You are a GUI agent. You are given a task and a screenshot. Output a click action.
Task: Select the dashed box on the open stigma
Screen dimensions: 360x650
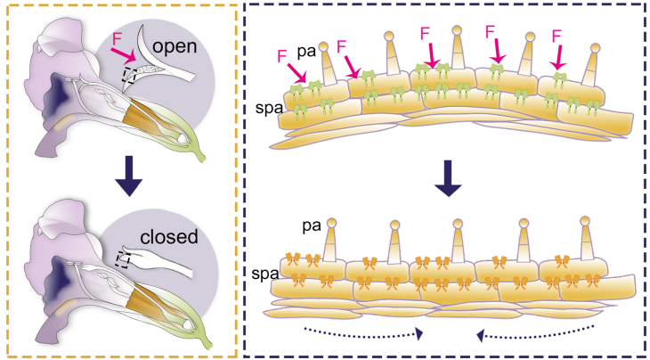click(133, 77)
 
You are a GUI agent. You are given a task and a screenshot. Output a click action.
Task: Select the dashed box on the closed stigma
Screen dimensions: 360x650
click(125, 259)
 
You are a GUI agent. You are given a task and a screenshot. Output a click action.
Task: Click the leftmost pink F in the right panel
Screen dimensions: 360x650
click(283, 55)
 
